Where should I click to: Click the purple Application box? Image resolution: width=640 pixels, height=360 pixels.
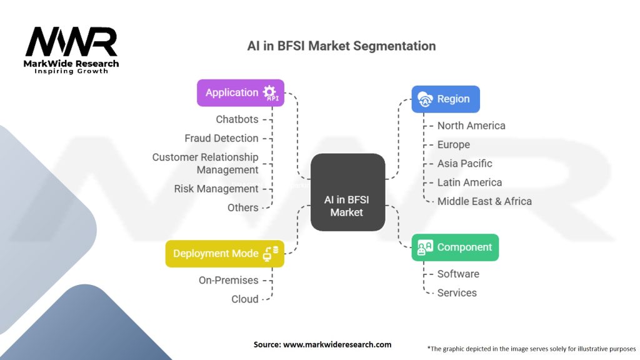pos(241,92)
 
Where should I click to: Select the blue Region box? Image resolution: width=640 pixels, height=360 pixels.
pos(446,99)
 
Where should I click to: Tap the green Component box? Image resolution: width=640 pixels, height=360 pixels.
pos(455,247)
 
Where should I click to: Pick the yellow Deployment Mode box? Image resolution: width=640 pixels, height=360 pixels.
pos(224,253)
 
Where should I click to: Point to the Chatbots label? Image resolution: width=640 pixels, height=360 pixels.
pos(237,119)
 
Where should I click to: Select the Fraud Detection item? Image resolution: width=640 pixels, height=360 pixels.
pos(221,138)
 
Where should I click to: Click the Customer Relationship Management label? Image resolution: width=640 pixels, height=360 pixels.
pos(206,163)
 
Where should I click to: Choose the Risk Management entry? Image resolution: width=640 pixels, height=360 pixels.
pos(216,189)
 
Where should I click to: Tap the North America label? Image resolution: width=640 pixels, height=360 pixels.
pos(471,126)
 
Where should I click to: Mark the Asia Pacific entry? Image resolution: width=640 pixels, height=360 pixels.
pos(465,164)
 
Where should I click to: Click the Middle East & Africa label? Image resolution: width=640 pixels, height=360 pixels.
pos(484,201)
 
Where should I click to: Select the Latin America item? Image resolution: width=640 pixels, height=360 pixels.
pos(469,182)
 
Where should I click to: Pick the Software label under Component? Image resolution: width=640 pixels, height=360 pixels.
pos(458,274)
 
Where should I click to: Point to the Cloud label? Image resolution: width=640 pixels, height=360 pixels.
pos(245,299)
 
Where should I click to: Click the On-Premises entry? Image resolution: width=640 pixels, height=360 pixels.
pos(229,280)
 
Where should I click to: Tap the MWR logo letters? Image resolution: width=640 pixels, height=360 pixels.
pos(71,42)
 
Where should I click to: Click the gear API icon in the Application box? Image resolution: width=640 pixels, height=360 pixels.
pos(270,92)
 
